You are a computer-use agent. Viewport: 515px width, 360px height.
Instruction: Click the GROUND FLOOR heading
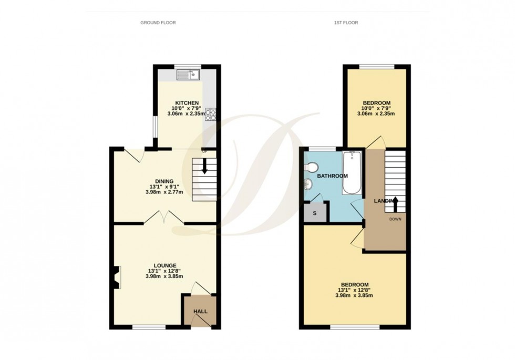click(x=158, y=23)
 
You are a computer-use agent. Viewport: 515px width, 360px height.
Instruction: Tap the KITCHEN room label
click(x=187, y=102)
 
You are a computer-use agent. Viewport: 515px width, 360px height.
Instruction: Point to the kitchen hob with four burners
click(x=211, y=114)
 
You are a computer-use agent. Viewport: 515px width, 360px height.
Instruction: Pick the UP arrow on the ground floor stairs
click(x=204, y=168)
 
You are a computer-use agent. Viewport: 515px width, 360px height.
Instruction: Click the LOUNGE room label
click(x=165, y=265)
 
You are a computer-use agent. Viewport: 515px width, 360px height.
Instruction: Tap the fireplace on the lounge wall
click(x=115, y=277)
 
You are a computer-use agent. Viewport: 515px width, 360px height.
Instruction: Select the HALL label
click(x=200, y=312)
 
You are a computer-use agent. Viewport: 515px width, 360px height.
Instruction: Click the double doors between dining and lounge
click(x=164, y=218)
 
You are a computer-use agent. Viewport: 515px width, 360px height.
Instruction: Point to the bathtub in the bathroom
click(x=352, y=172)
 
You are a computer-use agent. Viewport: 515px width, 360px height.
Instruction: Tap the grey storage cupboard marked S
click(x=315, y=213)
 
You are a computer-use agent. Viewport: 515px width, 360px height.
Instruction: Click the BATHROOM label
click(x=332, y=176)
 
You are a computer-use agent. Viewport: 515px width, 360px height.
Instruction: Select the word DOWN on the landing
click(x=395, y=219)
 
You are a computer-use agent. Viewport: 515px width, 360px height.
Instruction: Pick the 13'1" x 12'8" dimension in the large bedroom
click(x=355, y=289)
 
